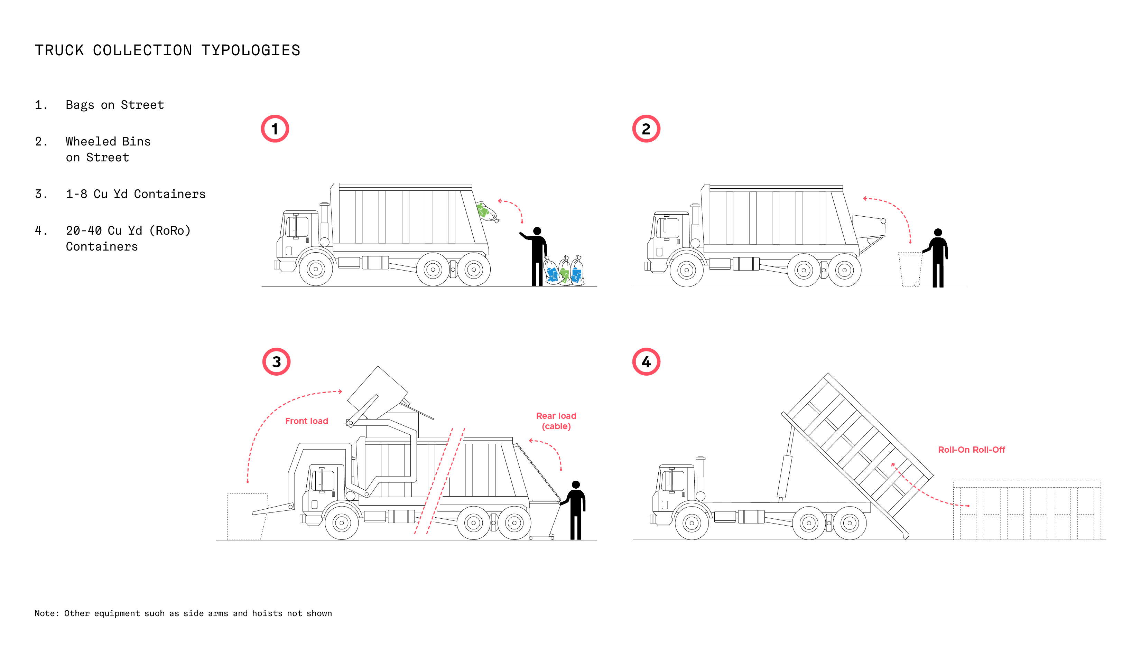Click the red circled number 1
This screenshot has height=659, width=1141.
[x=275, y=129]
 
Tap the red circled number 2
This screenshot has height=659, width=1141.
[x=646, y=129]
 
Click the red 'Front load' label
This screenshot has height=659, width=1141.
[x=307, y=421]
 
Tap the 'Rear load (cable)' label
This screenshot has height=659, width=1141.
[x=556, y=421]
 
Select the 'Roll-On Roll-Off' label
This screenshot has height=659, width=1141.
[x=971, y=450]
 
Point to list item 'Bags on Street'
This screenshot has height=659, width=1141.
[x=114, y=105]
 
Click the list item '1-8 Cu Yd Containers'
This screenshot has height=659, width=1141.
[x=136, y=194]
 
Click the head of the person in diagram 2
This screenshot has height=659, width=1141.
[x=938, y=232]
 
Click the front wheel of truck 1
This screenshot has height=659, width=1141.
[x=316, y=269]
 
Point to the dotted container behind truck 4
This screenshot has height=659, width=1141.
[x=1027, y=510]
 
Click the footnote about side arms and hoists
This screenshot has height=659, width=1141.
[x=183, y=613]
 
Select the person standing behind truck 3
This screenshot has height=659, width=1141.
[x=575, y=509]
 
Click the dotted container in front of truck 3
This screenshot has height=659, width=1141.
[x=247, y=516]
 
